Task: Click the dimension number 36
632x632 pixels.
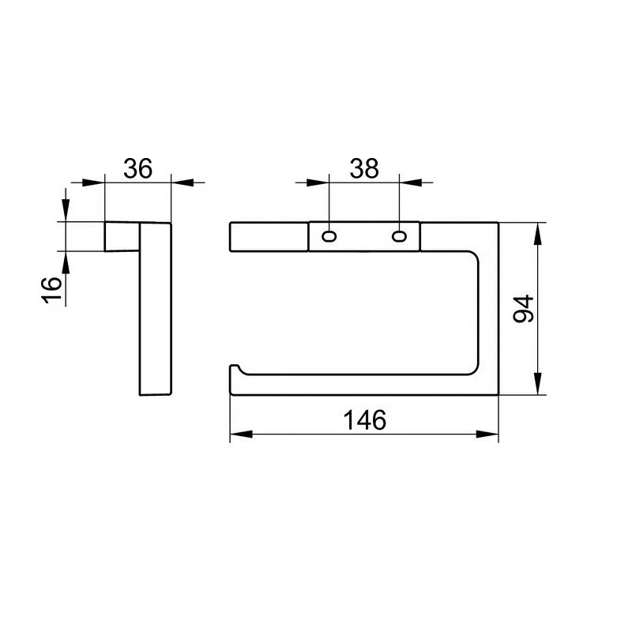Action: (x=137, y=168)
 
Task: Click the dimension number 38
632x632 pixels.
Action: (x=364, y=168)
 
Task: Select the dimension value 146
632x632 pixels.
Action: (x=365, y=419)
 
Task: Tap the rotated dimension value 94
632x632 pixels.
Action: (x=524, y=309)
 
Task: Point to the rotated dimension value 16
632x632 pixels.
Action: (x=51, y=289)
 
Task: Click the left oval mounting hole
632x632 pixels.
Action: (x=329, y=236)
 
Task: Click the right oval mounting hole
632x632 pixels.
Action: (x=400, y=236)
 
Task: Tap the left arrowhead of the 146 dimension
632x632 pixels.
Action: (x=241, y=434)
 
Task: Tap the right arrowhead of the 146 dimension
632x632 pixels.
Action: (x=487, y=434)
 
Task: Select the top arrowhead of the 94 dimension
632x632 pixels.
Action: (x=537, y=234)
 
